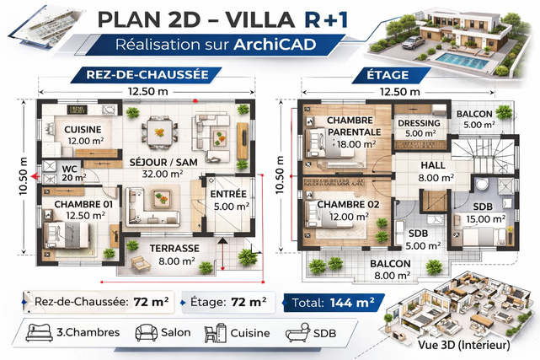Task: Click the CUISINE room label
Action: click(x=83, y=130)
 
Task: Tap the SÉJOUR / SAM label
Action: click(x=163, y=162)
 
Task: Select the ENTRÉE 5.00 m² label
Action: click(x=230, y=200)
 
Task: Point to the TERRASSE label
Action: click(x=174, y=249)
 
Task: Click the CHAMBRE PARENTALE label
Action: click(x=352, y=126)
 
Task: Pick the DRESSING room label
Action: click(x=419, y=123)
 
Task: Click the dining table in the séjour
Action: click(x=159, y=132)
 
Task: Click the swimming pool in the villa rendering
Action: click(x=462, y=61)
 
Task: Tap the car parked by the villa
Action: click(x=413, y=43)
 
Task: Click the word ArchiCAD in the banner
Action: click(x=275, y=45)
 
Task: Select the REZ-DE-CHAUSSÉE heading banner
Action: click(x=146, y=75)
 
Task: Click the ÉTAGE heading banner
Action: click(x=391, y=75)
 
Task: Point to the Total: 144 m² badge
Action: click(x=334, y=303)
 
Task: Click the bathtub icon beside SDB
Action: click(x=297, y=332)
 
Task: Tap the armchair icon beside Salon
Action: click(x=146, y=332)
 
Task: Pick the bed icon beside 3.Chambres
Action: click(x=40, y=332)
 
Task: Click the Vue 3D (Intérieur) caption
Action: click(x=463, y=345)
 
